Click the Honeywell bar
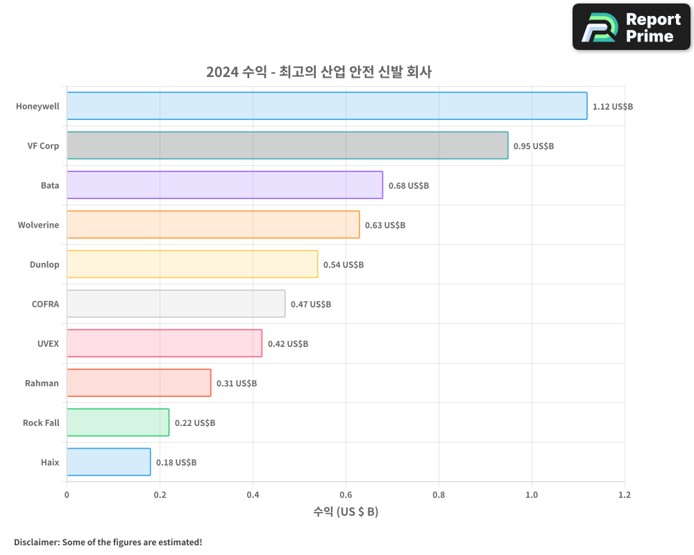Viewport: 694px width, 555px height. [327, 106]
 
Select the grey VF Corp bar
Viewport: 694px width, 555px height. [287, 146]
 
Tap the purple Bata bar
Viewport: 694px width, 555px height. [225, 185]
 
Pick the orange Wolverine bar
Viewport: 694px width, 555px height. [213, 225]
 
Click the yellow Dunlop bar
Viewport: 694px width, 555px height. [192, 264]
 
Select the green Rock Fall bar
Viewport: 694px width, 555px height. [118, 422]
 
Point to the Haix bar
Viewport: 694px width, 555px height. [109, 462]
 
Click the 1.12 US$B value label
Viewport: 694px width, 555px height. [612, 107]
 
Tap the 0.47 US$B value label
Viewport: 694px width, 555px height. [311, 305]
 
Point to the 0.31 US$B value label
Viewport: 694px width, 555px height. [237, 384]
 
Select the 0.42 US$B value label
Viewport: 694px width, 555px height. [288, 344]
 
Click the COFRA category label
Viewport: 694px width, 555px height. [45, 304]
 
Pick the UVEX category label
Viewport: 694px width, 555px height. [48, 343]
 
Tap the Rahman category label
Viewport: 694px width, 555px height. [42, 383]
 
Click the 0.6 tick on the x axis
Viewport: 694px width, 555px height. [346, 495]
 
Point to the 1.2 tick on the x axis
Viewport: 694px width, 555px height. [625, 495]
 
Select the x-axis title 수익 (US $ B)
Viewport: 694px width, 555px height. [346, 512]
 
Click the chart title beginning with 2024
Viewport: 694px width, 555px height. [319, 72]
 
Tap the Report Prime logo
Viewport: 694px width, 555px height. [632, 27]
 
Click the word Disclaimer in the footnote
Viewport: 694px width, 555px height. [36, 542]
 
